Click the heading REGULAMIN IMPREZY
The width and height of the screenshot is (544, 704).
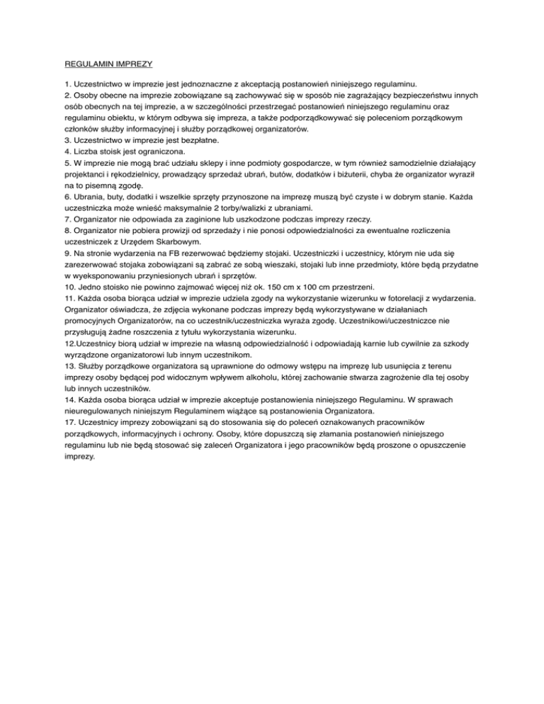(x=104, y=64)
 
